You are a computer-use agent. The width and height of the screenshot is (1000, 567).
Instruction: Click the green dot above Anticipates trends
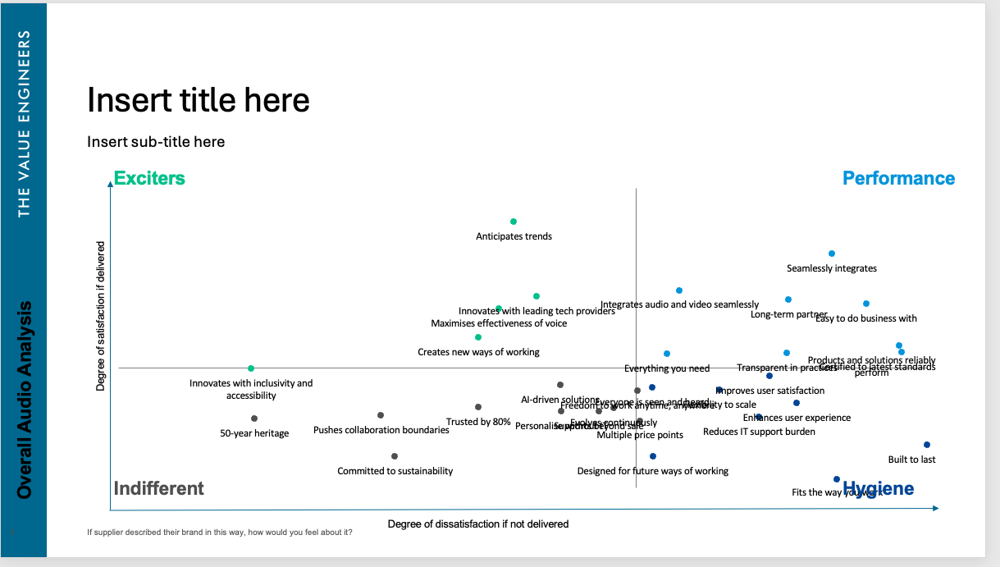pyautogui.click(x=514, y=222)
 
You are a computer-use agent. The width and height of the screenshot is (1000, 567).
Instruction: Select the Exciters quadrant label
pyautogui.click(x=149, y=178)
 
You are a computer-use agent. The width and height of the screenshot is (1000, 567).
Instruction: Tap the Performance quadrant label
pyautogui.click(x=898, y=178)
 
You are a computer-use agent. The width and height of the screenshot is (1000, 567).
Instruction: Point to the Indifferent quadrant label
pyautogui.click(x=158, y=488)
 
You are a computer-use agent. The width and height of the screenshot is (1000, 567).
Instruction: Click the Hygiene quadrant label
pyautogui.click(x=878, y=489)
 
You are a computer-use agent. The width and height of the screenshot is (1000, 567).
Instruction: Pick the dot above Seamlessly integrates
pyautogui.click(x=832, y=254)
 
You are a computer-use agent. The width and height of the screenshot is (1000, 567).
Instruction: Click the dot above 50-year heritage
pyautogui.click(x=254, y=418)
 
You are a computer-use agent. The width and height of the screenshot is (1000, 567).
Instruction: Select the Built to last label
pyautogui.click(x=911, y=460)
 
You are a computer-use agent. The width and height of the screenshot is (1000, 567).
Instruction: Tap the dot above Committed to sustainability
pyautogui.click(x=395, y=456)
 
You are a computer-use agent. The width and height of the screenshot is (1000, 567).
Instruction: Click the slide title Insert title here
pyautogui.click(x=199, y=100)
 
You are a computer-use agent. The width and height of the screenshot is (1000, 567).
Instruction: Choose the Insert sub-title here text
pyautogui.click(x=156, y=142)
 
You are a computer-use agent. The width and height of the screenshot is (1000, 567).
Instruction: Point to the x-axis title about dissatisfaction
pyautogui.click(x=477, y=524)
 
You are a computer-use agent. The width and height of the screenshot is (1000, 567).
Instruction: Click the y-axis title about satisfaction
pyautogui.click(x=101, y=315)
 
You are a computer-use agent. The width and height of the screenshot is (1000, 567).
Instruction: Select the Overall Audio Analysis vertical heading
pyautogui.click(x=25, y=400)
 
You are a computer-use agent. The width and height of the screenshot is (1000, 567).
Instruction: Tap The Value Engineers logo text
pyautogui.click(x=24, y=124)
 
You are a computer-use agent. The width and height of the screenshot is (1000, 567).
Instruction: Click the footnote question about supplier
pyautogui.click(x=220, y=532)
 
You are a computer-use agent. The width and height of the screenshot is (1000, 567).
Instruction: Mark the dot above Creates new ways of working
pyautogui.click(x=478, y=337)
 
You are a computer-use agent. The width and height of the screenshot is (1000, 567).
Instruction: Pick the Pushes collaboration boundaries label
pyautogui.click(x=381, y=430)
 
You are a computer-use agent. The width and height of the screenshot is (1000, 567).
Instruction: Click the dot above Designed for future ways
pyautogui.click(x=653, y=456)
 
